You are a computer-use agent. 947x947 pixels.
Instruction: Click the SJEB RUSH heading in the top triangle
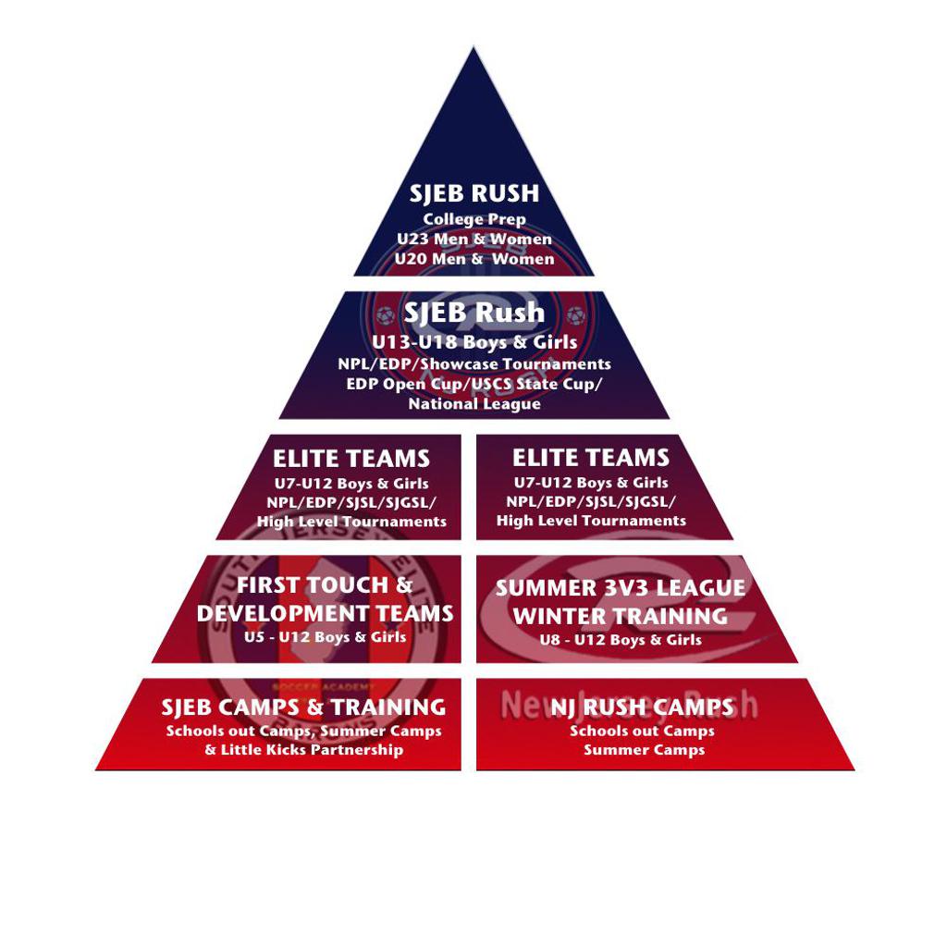pos(473,194)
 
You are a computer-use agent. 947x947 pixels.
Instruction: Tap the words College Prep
pos(473,220)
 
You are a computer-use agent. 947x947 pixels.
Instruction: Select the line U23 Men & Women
pos(473,240)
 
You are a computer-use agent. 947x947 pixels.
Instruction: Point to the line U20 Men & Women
pos(473,259)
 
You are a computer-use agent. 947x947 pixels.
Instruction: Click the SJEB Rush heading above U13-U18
pos(473,313)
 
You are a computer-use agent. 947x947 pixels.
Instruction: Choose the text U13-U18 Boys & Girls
pos(473,342)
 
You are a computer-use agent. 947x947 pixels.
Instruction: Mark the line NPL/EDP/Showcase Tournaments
pos(473,363)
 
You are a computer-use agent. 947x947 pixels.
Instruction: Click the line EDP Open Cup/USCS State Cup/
pos(473,384)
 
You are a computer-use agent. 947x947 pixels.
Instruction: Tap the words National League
pos(473,404)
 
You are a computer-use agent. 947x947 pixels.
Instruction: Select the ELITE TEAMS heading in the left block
pos(351,459)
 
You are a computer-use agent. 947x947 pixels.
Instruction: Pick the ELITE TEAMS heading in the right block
pos(590,458)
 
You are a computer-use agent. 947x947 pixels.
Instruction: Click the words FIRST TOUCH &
pos(325,585)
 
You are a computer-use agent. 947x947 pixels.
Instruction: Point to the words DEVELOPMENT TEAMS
pos(325,614)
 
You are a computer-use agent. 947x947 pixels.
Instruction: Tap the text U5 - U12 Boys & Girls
pos(325,637)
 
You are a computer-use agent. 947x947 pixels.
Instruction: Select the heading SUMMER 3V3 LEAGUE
pos(620,588)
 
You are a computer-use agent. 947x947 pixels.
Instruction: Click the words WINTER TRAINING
pos(620,616)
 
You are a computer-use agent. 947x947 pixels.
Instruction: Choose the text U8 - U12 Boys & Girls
pos(620,640)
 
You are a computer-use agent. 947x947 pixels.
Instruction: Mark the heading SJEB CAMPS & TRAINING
pos(303,707)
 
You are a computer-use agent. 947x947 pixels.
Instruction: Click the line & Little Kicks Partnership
pos(303,750)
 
